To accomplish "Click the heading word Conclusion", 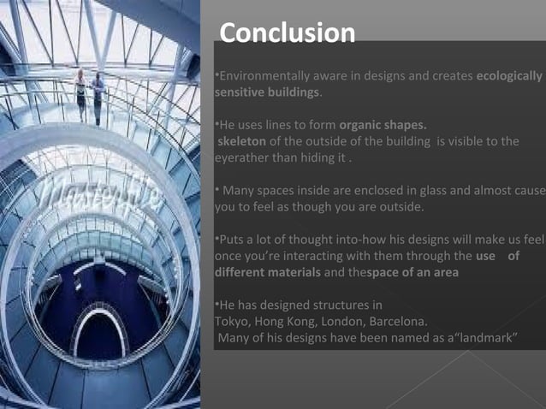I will coord(287,33).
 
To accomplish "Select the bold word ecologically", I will coord(508,76).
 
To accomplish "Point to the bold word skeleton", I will coord(242,141).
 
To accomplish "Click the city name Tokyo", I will coord(230,322).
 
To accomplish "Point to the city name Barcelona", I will coord(398,322).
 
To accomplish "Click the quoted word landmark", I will coord(484,338).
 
